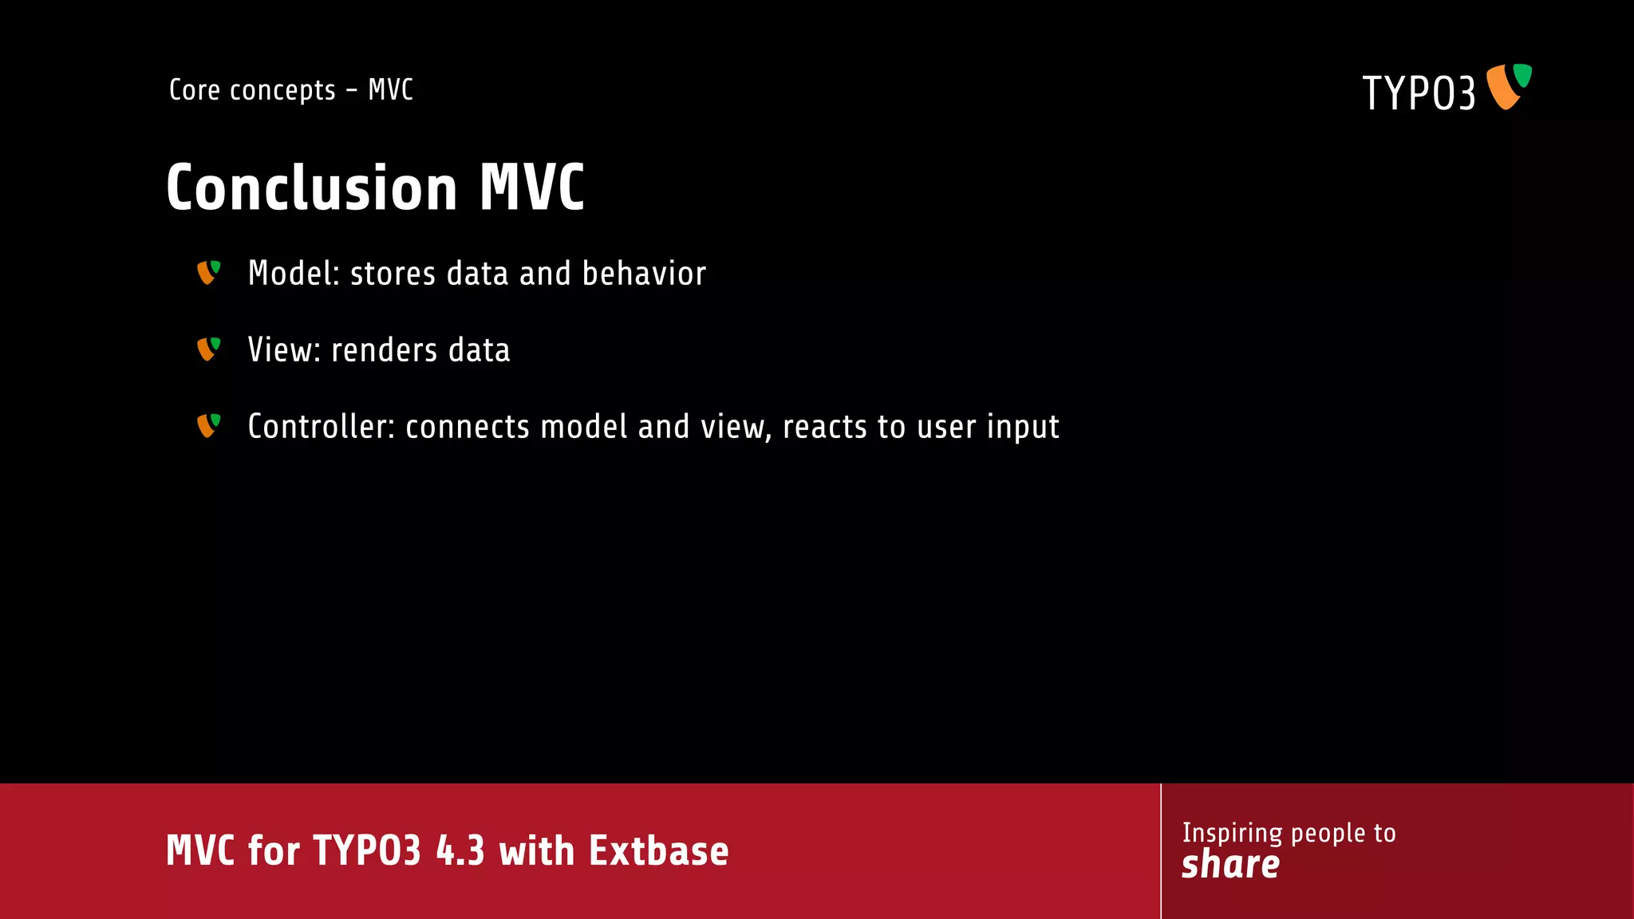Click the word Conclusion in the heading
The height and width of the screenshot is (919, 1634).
tap(311, 188)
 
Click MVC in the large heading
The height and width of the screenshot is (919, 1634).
tap(531, 188)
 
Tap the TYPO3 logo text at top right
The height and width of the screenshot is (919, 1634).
tap(1418, 93)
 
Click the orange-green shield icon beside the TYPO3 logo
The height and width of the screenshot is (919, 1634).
tap(1508, 86)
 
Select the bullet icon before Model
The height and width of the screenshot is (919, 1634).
tap(208, 273)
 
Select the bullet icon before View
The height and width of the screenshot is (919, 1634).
tap(208, 349)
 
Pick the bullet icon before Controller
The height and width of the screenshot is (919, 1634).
tap(208, 426)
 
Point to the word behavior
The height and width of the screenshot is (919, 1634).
tap(644, 274)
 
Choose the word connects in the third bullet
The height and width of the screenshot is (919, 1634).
tap(467, 428)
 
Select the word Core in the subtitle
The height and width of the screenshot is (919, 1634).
tap(194, 90)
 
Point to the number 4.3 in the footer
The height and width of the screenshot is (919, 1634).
tap(460, 850)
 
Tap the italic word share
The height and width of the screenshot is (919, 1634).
tap(1230, 865)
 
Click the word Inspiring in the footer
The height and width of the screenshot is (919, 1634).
tap(1233, 834)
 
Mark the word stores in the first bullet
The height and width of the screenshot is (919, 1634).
tap(393, 274)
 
